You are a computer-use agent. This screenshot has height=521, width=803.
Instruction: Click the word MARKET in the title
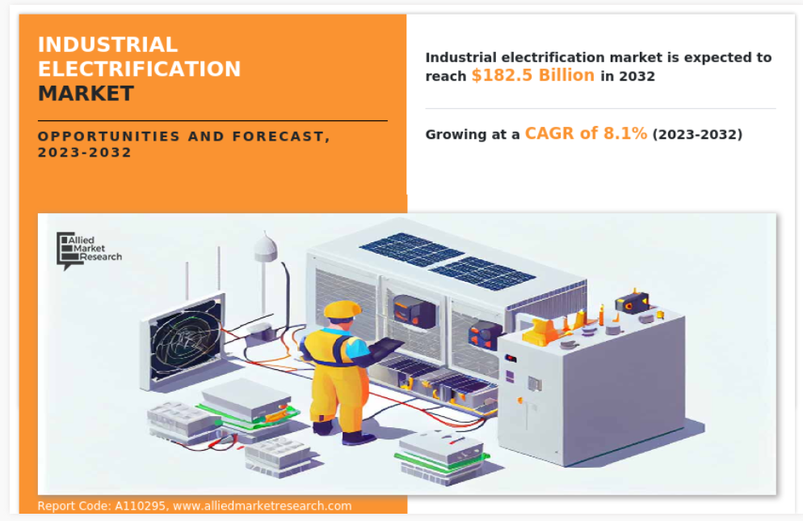coord(86,93)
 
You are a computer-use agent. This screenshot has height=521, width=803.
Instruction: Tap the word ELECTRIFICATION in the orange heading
coord(139,69)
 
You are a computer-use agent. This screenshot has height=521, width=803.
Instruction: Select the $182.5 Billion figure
coord(533,75)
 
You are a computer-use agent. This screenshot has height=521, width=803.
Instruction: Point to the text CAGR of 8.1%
coord(586,133)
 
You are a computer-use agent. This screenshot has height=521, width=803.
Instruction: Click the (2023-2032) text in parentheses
coord(697,134)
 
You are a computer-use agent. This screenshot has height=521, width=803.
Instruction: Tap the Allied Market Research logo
coord(89,250)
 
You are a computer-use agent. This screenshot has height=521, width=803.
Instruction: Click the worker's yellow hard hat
coord(342,309)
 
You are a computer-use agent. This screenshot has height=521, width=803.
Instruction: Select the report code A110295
coord(140,506)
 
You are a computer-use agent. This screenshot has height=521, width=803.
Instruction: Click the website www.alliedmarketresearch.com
coord(263,506)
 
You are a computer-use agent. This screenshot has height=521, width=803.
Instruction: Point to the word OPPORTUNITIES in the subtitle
coord(108,137)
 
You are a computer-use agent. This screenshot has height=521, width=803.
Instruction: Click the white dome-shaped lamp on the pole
coord(265,248)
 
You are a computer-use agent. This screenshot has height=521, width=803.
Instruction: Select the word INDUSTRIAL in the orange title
coord(107,44)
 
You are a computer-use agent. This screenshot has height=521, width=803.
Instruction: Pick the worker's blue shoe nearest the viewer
coord(358,438)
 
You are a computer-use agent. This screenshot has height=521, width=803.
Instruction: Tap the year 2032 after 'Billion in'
coord(637,76)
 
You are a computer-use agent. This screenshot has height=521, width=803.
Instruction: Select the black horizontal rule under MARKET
coord(212,121)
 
